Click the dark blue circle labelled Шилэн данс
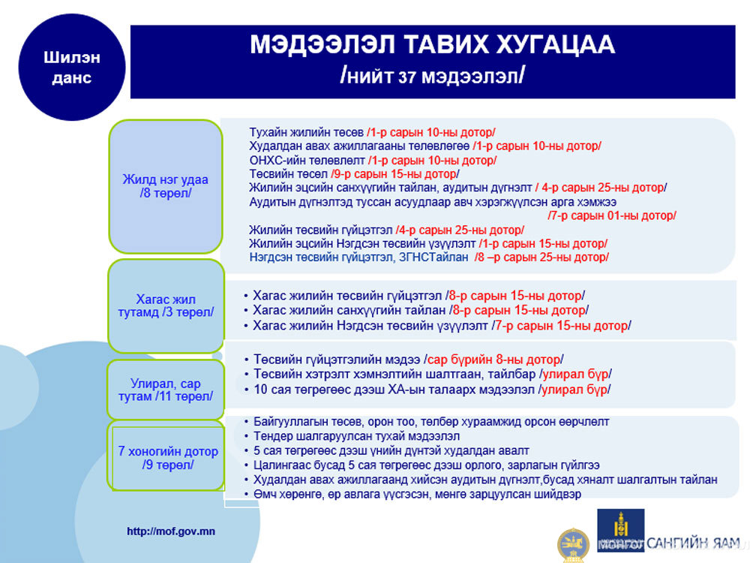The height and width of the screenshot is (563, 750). tap(72, 67)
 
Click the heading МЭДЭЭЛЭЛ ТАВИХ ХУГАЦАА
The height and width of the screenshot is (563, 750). tap(433, 44)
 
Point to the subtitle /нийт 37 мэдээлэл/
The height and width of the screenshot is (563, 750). tap(433, 76)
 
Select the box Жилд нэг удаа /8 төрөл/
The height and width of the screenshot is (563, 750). tap(166, 186)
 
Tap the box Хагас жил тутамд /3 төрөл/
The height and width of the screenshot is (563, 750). tap(166, 306)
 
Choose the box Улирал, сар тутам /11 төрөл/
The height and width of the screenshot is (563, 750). tap(166, 390)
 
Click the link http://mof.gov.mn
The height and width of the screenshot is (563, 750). tap(171, 531)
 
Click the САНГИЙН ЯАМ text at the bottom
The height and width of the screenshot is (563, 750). tap(693, 543)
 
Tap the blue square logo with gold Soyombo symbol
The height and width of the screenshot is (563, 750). tap(620, 530)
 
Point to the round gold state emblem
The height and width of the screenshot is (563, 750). tap(573, 546)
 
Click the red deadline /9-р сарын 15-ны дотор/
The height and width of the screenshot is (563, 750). tap(394, 174)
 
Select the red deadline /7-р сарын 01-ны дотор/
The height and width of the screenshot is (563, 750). tap(612, 215)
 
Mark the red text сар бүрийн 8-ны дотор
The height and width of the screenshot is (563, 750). tap(493, 360)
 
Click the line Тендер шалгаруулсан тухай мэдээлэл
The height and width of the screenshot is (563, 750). tap(356, 436)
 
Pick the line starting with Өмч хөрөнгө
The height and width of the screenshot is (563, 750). tap(417, 494)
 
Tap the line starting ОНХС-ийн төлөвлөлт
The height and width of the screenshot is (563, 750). tap(373, 161)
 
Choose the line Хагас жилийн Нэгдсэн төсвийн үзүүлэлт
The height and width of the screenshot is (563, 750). tap(442, 326)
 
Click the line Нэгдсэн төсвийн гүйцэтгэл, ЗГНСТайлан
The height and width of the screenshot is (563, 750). tap(428, 257)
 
